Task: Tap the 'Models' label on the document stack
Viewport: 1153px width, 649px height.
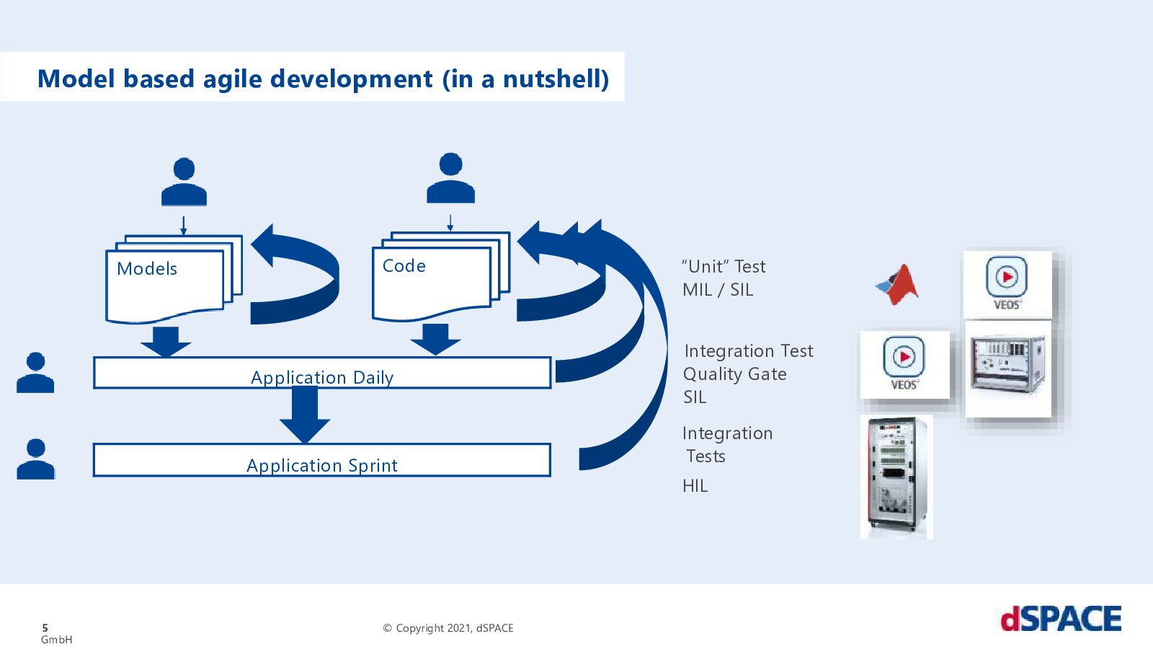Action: (x=147, y=268)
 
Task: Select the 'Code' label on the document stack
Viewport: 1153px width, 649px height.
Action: (x=404, y=266)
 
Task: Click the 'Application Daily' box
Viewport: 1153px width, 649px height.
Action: (x=322, y=372)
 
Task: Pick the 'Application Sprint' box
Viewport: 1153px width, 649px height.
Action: (x=321, y=460)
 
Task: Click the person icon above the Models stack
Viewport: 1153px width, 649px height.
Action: (x=184, y=182)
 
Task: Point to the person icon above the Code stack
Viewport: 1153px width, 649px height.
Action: (x=450, y=177)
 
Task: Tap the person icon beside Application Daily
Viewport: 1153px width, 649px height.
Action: (x=35, y=372)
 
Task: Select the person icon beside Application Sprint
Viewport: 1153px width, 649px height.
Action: (x=35, y=459)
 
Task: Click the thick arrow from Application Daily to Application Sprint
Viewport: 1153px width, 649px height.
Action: (x=305, y=415)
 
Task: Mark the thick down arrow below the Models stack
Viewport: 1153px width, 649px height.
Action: (x=166, y=341)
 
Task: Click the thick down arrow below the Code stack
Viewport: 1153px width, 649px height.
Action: (x=435, y=340)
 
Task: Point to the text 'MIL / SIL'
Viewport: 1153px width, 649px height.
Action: (x=718, y=290)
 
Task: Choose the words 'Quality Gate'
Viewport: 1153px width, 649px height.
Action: (x=734, y=374)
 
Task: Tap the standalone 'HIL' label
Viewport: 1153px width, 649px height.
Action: (x=695, y=486)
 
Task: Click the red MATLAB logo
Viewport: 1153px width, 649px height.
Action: (x=898, y=285)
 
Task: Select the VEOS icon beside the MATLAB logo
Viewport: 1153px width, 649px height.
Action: (x=1007, y=284)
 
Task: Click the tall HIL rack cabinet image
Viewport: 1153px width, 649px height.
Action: (x=896, y=477)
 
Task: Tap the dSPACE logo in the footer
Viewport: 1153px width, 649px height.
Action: (x=1061, y=619)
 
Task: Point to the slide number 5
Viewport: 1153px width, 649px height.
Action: (x=45, y=628)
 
